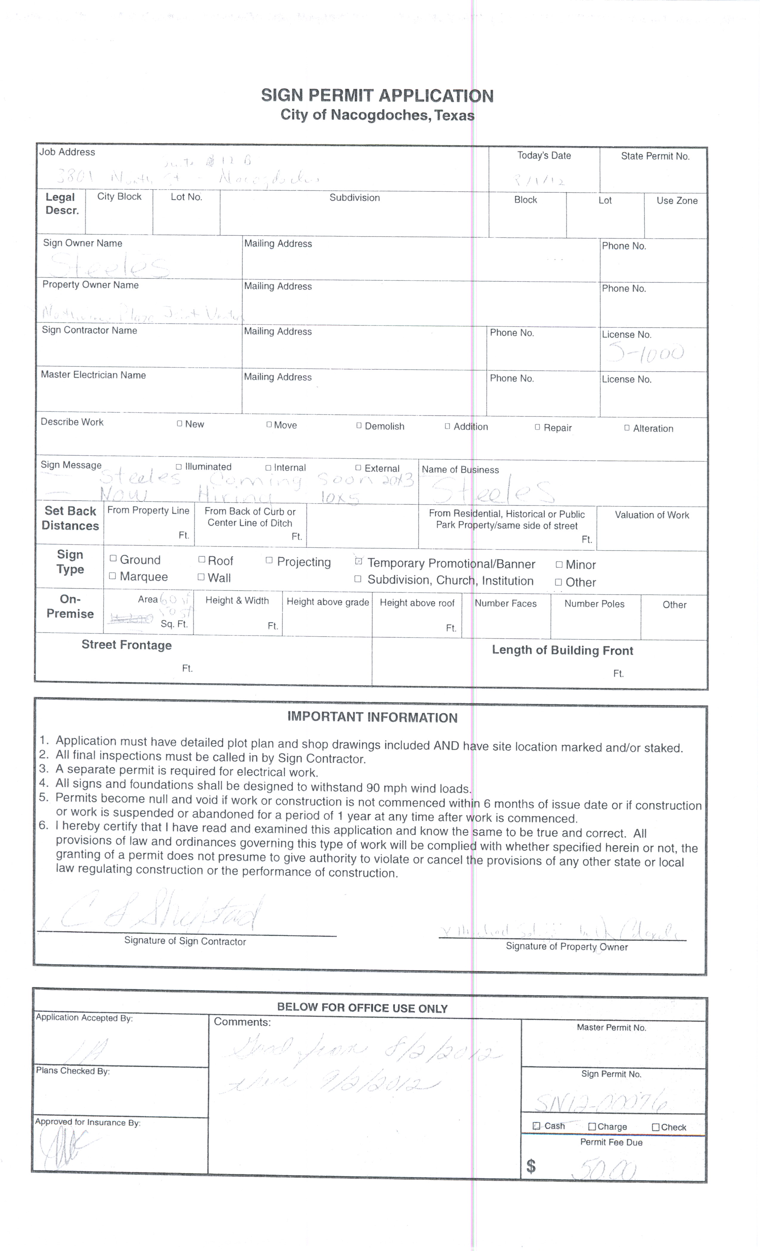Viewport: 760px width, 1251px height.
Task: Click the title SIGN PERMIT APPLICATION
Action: [x=377, y=95]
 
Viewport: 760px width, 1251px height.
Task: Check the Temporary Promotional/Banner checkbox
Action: [x=359, y=561]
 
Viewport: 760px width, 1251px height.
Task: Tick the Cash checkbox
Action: [x=536, y=1126]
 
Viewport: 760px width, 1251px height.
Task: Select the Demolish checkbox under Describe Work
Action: [x=359, y=425]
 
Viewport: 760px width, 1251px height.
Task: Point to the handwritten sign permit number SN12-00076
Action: [x=601, y=1102]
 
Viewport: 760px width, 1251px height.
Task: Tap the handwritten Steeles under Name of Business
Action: [x=492, y=491]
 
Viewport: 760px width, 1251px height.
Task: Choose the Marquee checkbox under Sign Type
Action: [x=113, y=576]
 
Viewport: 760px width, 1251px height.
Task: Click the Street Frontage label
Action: [x=126, y=645]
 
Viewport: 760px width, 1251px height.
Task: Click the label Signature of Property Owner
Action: [x=567, y=946]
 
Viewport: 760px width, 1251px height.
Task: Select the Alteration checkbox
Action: [x=627, y=427]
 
